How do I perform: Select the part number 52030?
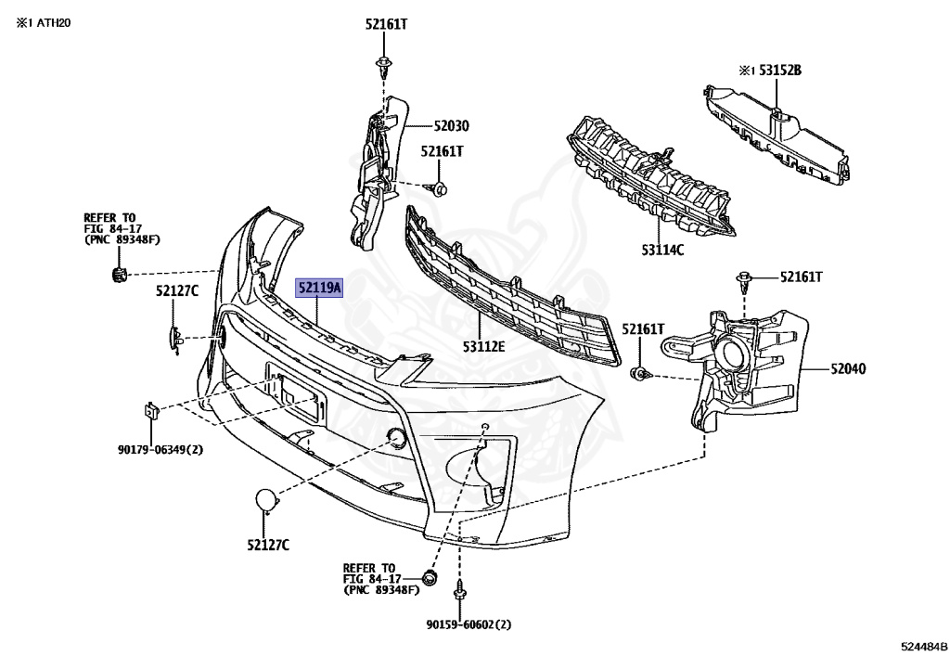point(451,126)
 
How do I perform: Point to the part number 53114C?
point(662,249)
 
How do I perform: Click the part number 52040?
point(846,368)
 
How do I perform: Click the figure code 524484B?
point(921,644)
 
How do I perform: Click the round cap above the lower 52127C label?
point(267,501)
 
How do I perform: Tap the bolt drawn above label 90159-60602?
point(460,591)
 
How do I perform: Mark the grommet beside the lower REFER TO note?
point(430,579)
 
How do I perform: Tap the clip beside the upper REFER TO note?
point(118,274)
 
